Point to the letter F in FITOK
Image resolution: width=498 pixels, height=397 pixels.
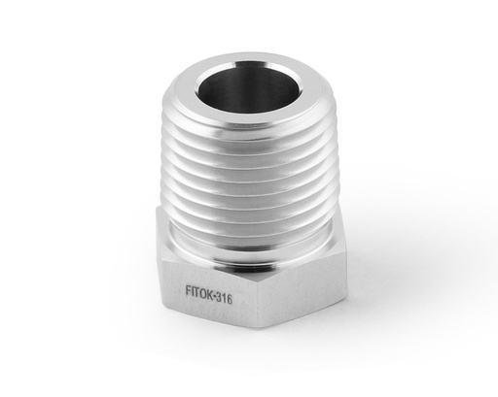188,288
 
